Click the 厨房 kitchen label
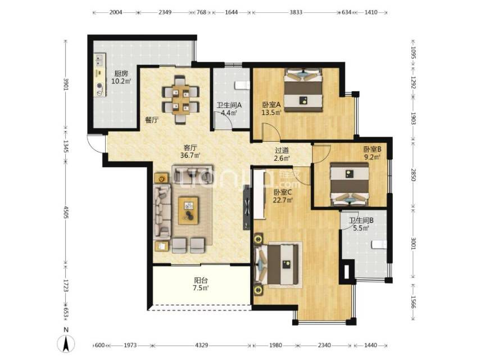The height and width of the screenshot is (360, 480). point(121,74)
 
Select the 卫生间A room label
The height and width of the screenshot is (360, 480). point(229,105)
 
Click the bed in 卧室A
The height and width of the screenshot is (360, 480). point(304,90)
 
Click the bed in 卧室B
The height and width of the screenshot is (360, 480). point(349,184)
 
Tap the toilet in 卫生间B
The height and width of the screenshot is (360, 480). point(379,244)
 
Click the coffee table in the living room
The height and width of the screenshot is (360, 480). point(188,210)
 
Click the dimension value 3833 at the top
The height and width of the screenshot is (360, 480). point(296,12)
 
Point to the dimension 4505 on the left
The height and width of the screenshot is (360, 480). point(66,212)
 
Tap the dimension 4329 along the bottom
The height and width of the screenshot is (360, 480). point(201,345)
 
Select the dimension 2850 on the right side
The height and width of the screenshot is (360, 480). point(413,175)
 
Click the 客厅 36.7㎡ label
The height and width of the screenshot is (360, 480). point(190,151)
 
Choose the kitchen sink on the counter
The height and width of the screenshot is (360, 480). point(99,61)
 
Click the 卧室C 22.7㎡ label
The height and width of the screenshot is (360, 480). point(283,196)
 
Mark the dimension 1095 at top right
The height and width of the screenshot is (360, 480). point(413,52)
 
